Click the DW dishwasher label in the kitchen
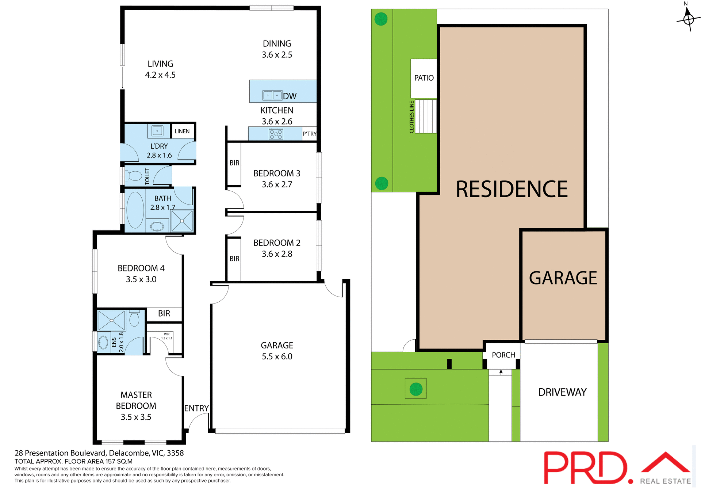tap(290, 96)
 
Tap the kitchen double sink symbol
tap(272, 95)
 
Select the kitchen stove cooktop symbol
tap(276, 134)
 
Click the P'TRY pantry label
tap(309, 134)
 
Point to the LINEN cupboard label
tap(182, 131)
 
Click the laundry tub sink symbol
tap(157, 130)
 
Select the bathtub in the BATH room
tap(135, 210)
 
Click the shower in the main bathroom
tap(182, 221)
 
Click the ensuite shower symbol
tap(112, 320)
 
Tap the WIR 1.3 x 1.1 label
tap(166, 336)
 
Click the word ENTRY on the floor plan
tap(196, 408)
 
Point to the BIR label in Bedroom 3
tap(234, 163)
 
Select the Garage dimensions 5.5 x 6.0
tap(277, 356)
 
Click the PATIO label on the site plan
tap(424, 78)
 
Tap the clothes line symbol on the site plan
tap(426, 116)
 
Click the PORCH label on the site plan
tap(503, 355)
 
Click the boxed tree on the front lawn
tap(416, 389)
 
